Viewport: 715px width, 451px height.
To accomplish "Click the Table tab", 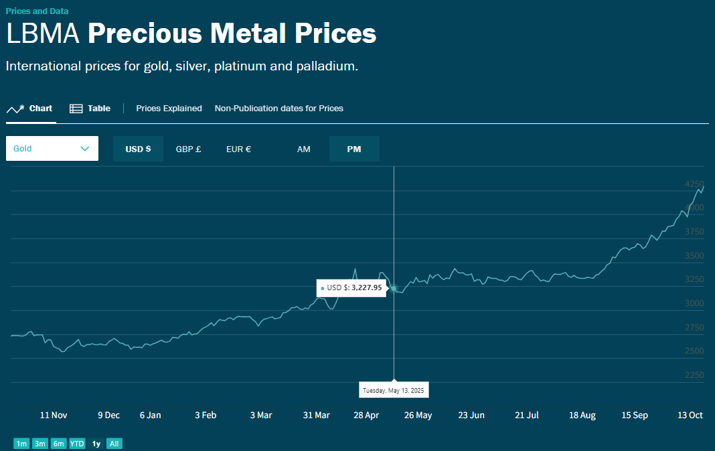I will point(90,109).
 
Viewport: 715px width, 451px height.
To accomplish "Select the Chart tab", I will point(30,109).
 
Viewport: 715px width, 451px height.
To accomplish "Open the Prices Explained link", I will point(169,109).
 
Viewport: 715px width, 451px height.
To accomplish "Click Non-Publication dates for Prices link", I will point(279,109).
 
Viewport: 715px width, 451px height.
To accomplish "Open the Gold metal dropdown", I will point(52,149).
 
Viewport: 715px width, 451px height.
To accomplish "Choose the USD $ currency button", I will point(138,149).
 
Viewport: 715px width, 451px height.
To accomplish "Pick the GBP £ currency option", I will point(188,149).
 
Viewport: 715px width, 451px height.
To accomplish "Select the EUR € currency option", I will point(238,149).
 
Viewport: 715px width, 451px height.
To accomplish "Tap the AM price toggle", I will point(304,149).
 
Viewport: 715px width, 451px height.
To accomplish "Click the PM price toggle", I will point(354,149).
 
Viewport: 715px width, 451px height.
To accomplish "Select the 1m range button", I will point(22,444).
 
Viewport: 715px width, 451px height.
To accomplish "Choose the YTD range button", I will point(77,444).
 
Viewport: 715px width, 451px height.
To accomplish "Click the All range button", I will point(114,444).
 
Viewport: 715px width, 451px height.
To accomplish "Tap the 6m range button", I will point(58,444).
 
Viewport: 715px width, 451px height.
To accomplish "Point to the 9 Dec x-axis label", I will point(108,415).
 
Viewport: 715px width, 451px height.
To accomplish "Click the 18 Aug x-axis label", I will point(582,415).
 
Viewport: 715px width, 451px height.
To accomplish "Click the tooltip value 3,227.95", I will point(366,287).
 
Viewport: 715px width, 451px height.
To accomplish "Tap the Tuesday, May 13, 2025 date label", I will point(394,390).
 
